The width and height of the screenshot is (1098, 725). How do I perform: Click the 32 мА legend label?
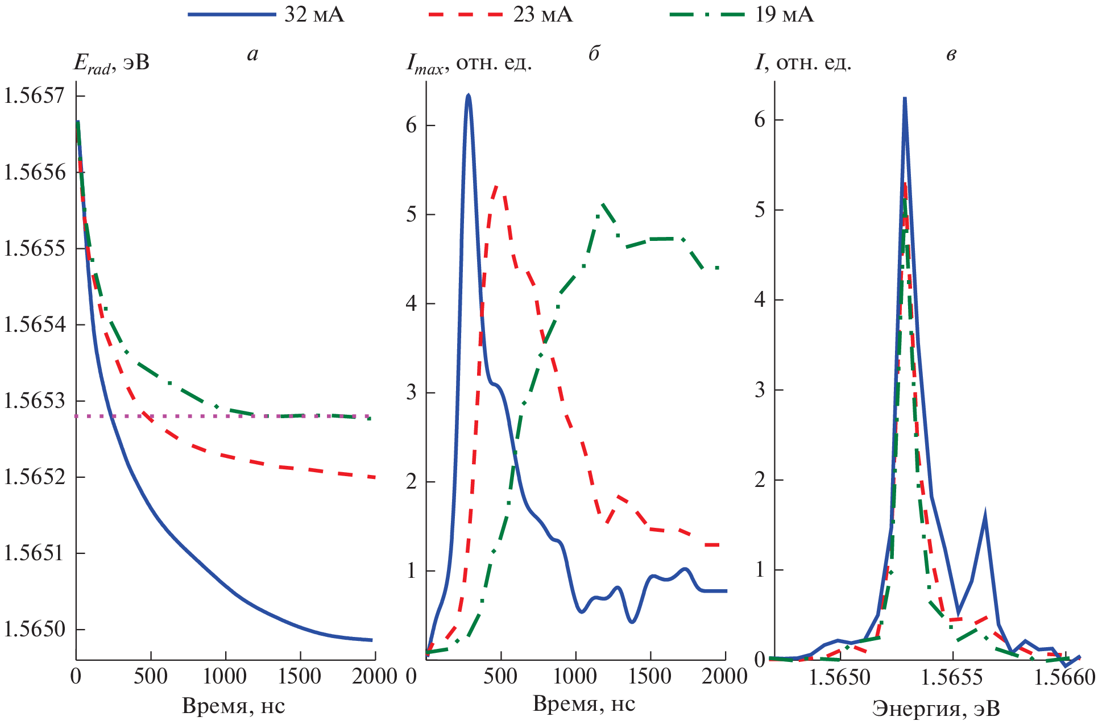(314, 14)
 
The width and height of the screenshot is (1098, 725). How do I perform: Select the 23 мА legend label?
(542, 14)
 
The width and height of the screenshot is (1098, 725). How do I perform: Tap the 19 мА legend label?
(784, 14)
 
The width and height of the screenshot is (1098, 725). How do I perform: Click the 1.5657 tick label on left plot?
(34, 95)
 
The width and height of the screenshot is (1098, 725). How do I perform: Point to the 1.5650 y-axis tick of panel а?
(34, 629)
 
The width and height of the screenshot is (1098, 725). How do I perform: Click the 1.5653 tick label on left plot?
(34, 401)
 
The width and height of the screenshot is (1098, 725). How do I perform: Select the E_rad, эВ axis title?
(111, 63)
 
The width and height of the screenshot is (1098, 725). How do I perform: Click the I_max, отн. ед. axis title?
(469, 63)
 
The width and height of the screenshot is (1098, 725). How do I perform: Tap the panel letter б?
(594, 54)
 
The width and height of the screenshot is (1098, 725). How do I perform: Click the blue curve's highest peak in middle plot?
(468, 95)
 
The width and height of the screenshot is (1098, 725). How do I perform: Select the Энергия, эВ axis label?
(936, 709)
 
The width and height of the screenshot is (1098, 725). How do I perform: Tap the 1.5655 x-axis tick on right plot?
(952, 677)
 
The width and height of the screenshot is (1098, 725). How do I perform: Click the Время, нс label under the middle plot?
(584, 704)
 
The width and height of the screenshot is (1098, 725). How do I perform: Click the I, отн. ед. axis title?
(803, 63)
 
